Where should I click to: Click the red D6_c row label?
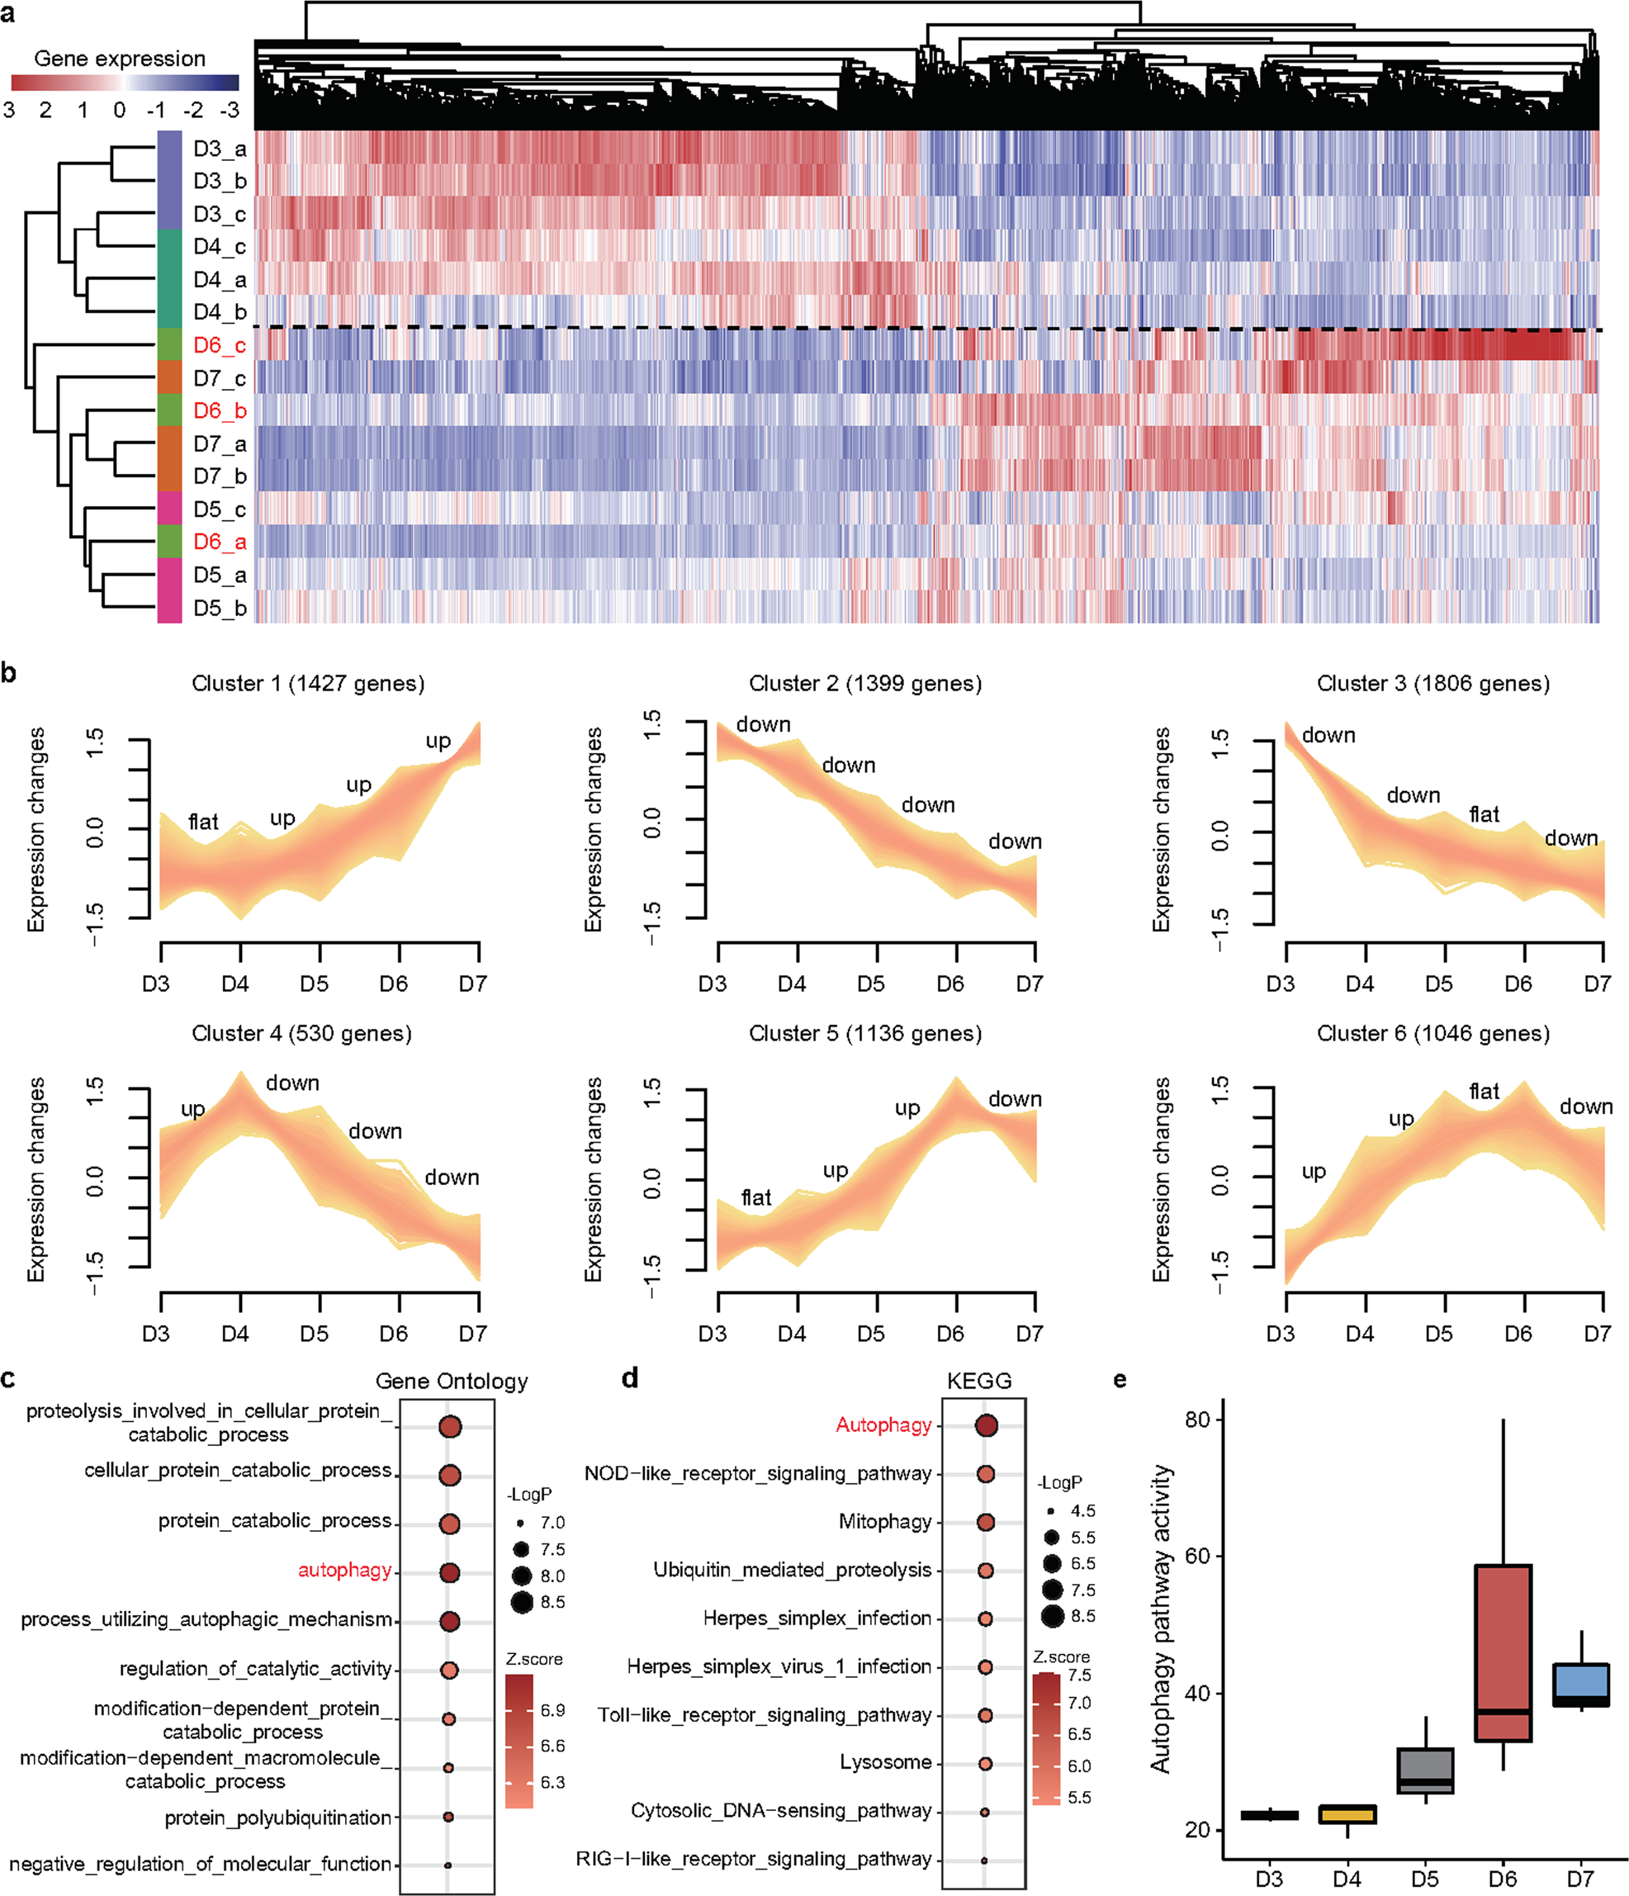click(x=219, y=345)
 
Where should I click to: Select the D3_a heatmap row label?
click(x=219, y=149)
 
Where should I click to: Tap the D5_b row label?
click(x=219, y=608)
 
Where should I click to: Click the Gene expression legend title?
click(x=119, y=59)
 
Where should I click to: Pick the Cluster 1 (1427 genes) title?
click(x=307, y=684)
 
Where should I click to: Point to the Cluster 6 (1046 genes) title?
click(x=1432, y=1033)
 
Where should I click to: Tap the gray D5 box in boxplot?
click(x=1424, y=1770)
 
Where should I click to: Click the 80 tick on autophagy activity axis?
click(x=1197, y=1420)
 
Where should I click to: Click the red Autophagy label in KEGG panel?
click(x=883, y=1424)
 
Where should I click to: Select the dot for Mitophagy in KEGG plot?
click(x=985, y=1522)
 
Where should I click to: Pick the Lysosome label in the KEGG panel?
click(x=884, y=1762)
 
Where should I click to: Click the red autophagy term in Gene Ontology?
click(x=344, y=1571)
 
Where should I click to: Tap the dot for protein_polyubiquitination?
click(x=448, y=1818)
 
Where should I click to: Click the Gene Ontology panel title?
click(x=451, y=1381)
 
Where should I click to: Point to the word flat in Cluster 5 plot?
click(x=755, y=1197)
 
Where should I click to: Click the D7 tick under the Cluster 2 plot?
click(x=1029, y=984)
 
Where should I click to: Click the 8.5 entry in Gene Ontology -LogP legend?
click(x=552, y=1602)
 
